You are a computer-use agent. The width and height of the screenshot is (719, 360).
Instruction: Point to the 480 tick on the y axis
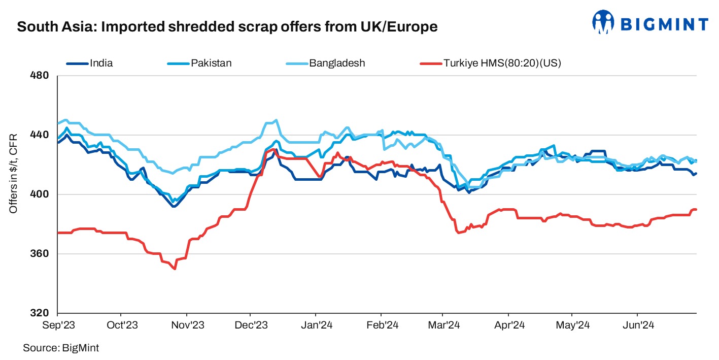(x=41, y=76)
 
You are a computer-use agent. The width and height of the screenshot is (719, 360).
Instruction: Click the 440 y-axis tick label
(x=41, y=135)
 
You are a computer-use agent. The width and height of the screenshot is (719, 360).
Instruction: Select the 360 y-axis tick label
(x=41, y=254)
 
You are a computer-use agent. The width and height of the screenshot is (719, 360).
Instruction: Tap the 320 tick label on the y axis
(x=41, y=313)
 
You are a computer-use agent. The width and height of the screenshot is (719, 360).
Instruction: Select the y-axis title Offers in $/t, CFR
(x=14, y=173)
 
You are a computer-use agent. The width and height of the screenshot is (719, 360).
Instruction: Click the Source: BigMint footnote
(x=60, y=348)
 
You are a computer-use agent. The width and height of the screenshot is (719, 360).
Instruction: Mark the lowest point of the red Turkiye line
(x=175, y=269)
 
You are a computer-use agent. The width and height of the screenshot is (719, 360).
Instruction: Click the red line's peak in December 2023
(x=275, y=150)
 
